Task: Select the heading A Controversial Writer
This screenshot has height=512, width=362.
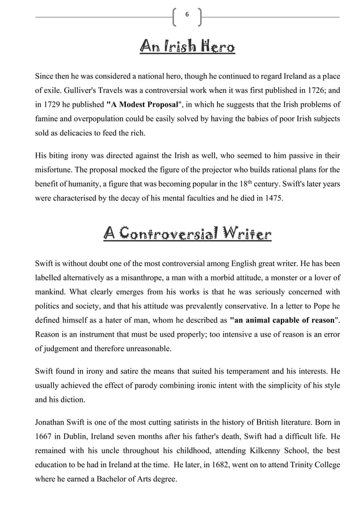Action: click(187, 234)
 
